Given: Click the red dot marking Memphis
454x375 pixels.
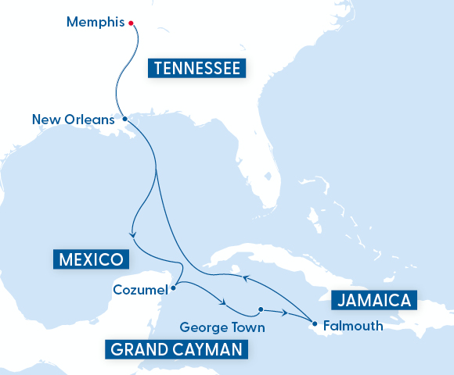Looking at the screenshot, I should point(131,23).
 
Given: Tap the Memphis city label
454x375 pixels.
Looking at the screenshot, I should point(95,22).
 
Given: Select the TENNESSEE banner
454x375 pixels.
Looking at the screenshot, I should point(197,68).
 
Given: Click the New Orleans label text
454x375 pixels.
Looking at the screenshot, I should point(74,120).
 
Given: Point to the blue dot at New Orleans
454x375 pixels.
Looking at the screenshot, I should point(125,120).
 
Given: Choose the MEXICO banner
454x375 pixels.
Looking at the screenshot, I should point(90,259).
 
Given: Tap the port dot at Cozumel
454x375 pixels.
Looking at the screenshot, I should point(173,287).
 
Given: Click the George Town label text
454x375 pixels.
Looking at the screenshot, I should point(222,327).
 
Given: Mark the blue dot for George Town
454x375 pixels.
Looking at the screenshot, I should point(261,308).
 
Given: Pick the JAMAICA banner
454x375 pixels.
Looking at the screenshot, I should point(374,300).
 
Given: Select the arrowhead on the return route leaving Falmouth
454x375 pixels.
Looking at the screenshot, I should point(244,277).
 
